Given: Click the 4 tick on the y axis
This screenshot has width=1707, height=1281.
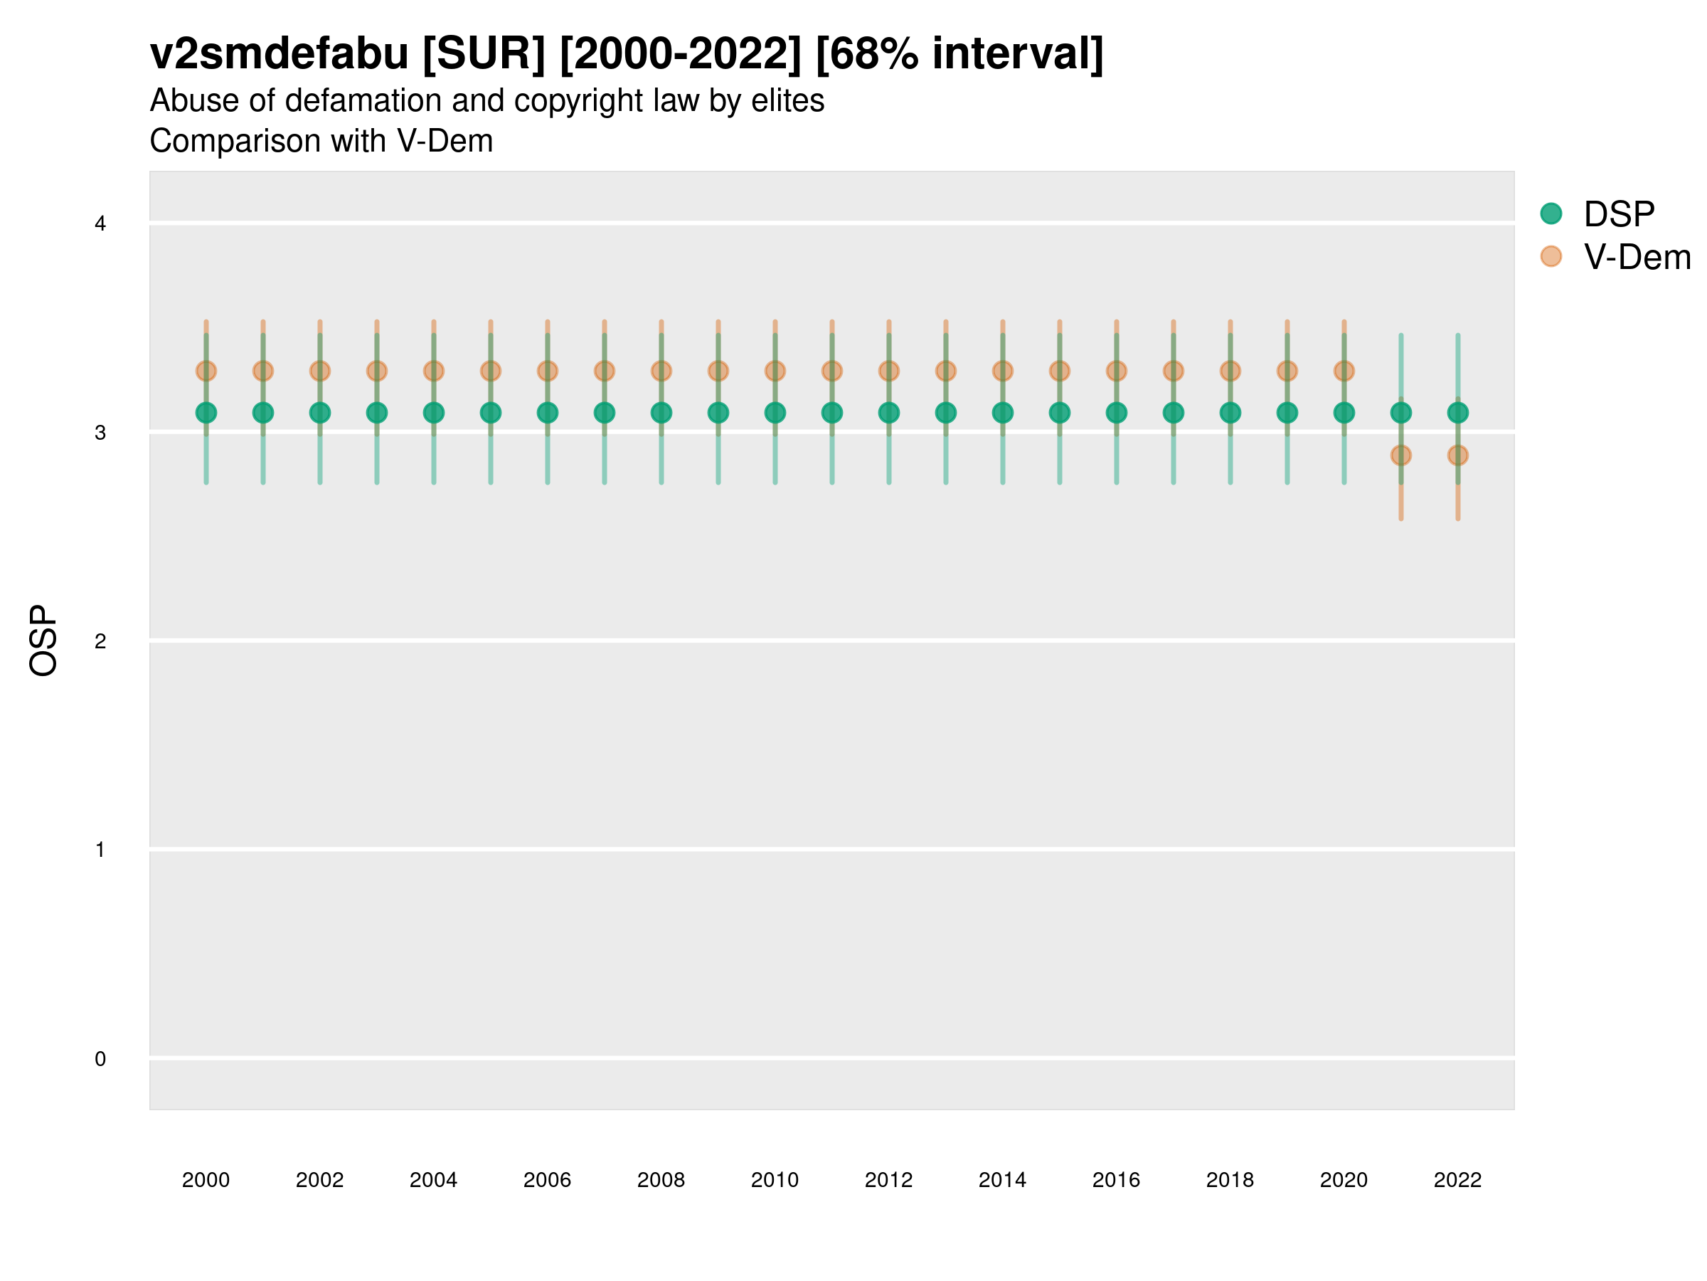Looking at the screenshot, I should pyautogui.click(x=100, y=224).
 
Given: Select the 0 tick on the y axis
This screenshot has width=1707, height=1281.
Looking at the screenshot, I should pyautogui.click(x=100, y=1059).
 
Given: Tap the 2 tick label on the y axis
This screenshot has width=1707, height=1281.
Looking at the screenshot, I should pyautogui.click(x=100, y=641).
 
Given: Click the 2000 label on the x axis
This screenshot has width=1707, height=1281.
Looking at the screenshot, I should pyautogui.click(x=206, y=1180).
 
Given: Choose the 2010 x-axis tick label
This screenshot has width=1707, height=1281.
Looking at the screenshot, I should pyautogui.click(x=775, y=1180).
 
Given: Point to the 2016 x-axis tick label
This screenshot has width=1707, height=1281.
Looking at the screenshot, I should pyautogui.click(x=1116, y=1180).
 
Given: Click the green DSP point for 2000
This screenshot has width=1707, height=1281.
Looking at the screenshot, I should pyautogui.click(x=206, y=413).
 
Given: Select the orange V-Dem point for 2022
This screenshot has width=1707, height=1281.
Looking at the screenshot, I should pyautogui.click(x=1458, y=455).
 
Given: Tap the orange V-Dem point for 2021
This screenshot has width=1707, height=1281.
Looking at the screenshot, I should pyautogui.click(x=1400, y=455).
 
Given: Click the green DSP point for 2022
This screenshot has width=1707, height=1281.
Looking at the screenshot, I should pyautogui.click(x=1458, y=413).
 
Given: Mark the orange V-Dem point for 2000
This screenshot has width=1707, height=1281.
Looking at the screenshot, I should pyautogui.click(x=206, y=371).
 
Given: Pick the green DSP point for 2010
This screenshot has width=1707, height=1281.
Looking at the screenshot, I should pyautogui.click(x=775, y=413).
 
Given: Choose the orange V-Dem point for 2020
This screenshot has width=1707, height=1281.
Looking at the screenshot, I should pyautogui.click(x=1344, y=371).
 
